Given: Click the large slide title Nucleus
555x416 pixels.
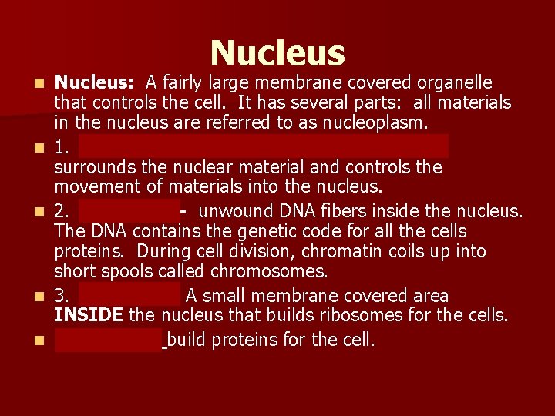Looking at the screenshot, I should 277,52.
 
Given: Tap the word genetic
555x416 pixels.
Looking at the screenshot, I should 230,231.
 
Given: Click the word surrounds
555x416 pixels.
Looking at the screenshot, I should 92,167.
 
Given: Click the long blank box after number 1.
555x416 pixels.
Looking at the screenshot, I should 263,146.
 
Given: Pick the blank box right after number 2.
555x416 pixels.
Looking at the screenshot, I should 128,210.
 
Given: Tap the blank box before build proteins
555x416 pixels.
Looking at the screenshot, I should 109,339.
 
